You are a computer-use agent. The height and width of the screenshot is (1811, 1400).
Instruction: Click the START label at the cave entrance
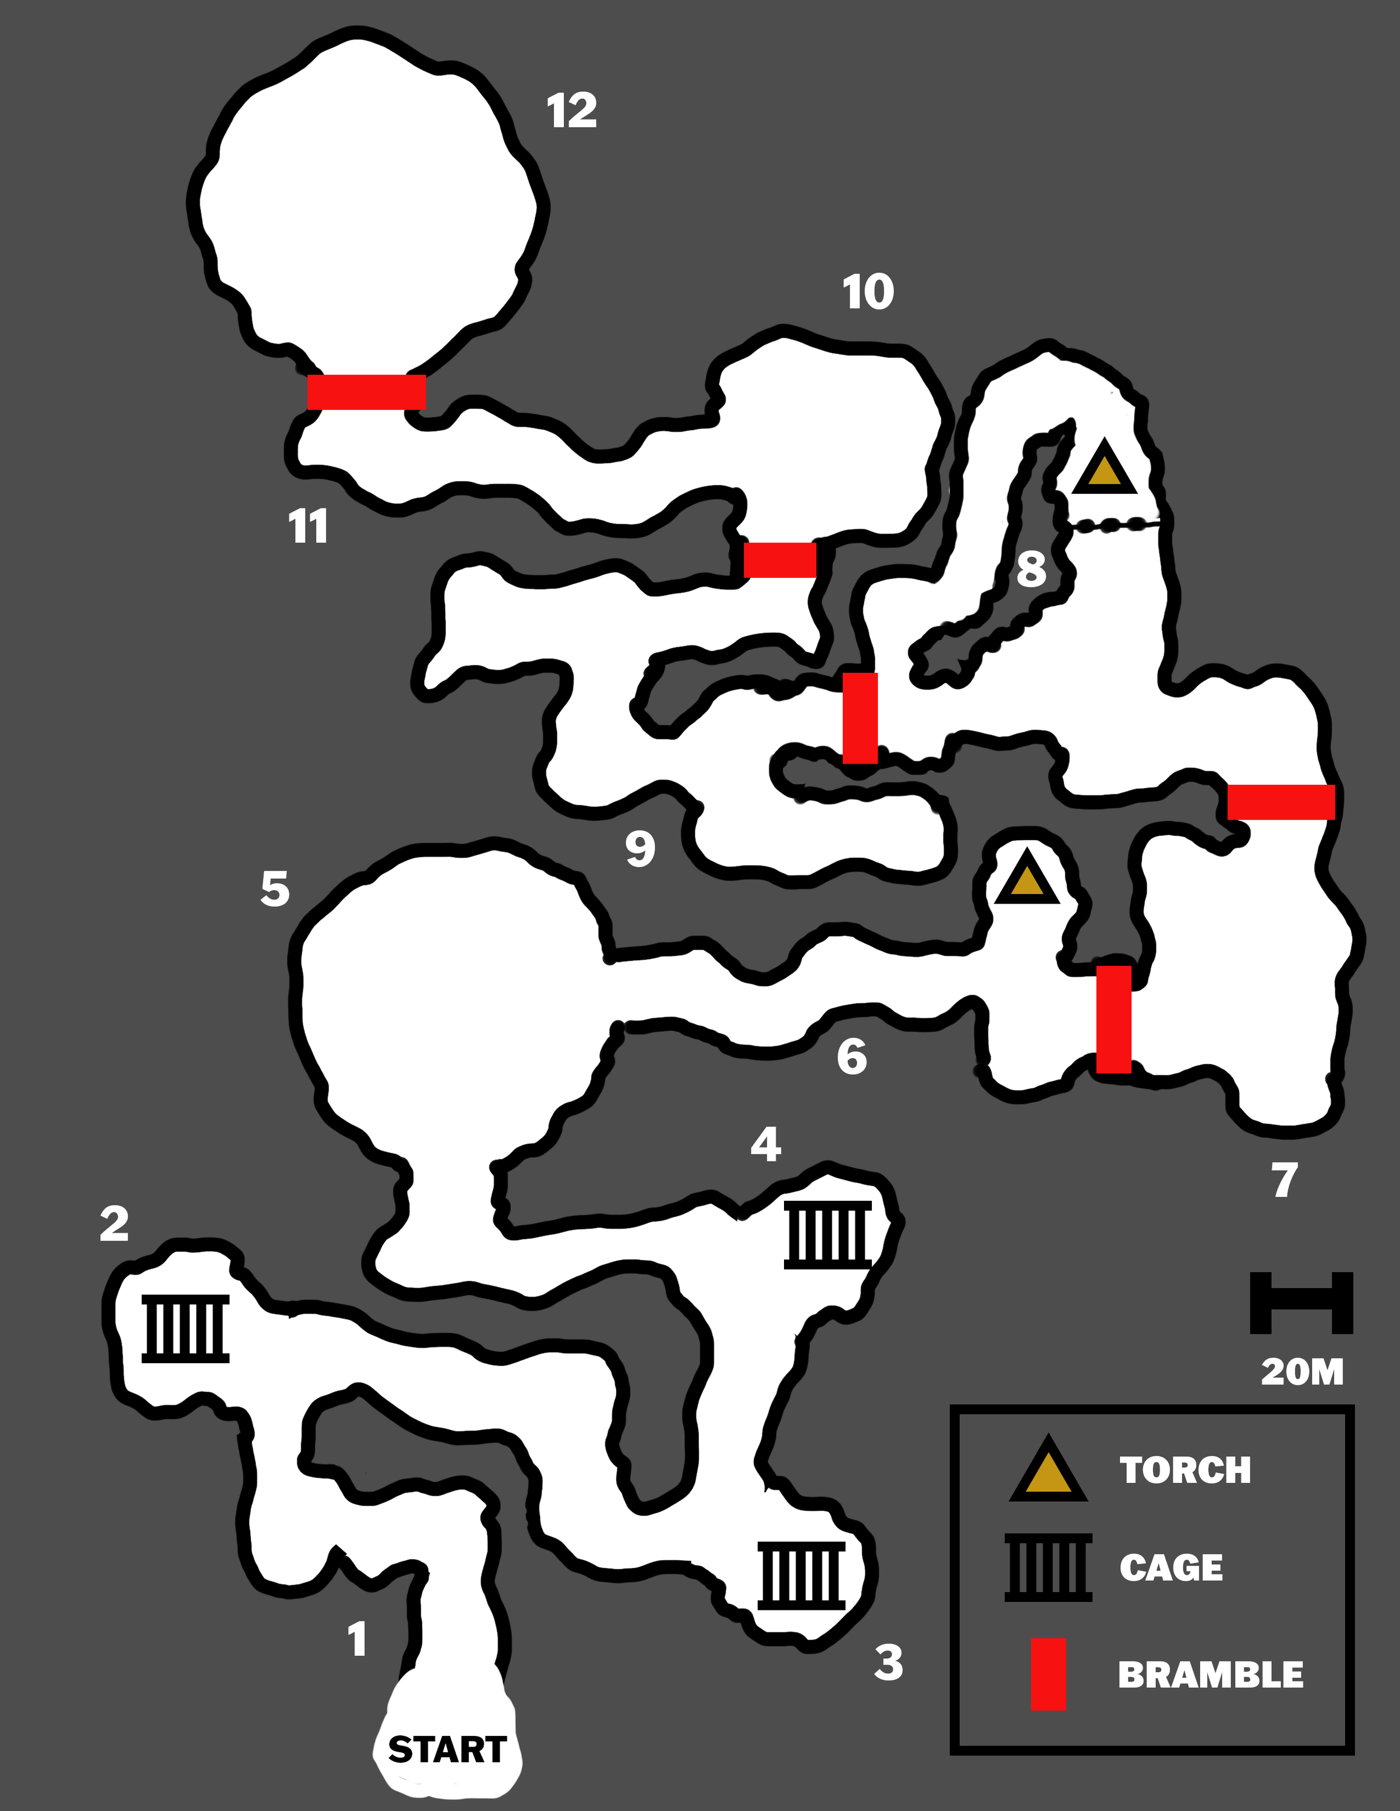coord(447,1749)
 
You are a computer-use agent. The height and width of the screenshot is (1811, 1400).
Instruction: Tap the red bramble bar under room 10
coord(780,560)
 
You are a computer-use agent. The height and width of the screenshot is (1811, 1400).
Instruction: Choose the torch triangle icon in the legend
coord(1048,1472)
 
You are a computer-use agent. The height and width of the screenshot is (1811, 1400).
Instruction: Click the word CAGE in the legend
coord(1171,1567)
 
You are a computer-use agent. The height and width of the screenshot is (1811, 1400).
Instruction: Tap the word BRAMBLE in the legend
coord(1210,1675)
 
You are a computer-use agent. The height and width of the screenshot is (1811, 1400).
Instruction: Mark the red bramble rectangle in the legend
coord(1048,1674)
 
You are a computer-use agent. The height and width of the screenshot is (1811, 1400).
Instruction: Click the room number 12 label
coord(571,111)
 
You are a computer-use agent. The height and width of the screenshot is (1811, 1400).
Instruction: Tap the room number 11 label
coord(307,527)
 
